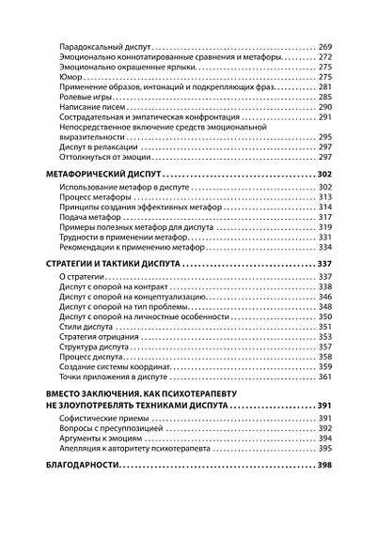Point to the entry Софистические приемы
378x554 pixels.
click(x=102, y=417)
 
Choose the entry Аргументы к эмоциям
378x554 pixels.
click(x=99, y=438)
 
